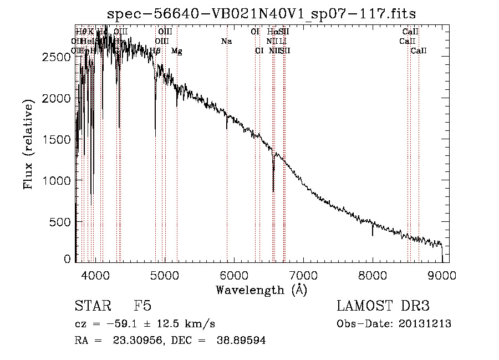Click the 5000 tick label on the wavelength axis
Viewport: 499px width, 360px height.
(x=164, y=275)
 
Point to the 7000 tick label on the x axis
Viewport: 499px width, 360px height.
(x=303, y=275)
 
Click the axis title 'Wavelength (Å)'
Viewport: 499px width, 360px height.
(x=261, y=290)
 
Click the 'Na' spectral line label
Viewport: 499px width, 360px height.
(x=226, y=41)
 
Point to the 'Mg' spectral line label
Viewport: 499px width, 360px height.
(x=176, y=51)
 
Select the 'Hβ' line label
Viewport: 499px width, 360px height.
(x=155, y=51)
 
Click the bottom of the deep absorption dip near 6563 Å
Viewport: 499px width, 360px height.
(x=273, y=191)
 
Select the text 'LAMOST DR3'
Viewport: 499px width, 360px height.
(x=383, y=307)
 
